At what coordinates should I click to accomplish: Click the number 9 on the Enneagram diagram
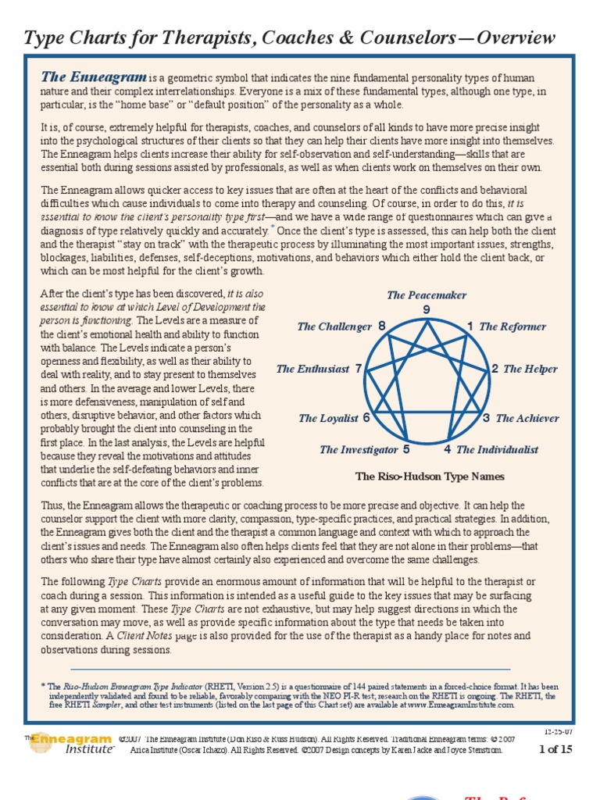pos(427,310)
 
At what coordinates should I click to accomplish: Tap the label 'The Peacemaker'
pos(427,295)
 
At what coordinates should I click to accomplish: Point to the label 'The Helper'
pos(530,369)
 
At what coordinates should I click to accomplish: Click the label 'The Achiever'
pos(527,418)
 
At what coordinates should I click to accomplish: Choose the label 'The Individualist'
pos(497,449)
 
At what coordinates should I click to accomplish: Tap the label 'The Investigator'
pos(359,449)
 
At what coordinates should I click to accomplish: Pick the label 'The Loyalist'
pos(328,418)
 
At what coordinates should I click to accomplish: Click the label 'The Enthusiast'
pos(312,369)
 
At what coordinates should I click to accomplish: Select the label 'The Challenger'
pos(334,327)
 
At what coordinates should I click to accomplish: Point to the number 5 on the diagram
pos(406,449)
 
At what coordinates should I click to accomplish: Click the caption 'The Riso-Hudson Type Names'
pos(430,476)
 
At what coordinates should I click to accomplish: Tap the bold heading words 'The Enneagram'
pos(93,77)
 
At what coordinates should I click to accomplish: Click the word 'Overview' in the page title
pos(519,37)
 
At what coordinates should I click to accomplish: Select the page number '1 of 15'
pos(557,750)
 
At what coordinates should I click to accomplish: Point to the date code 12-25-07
pos(559,732)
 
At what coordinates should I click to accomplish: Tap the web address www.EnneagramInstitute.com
pos(461,705)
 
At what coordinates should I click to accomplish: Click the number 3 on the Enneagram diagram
pos(486,418)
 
